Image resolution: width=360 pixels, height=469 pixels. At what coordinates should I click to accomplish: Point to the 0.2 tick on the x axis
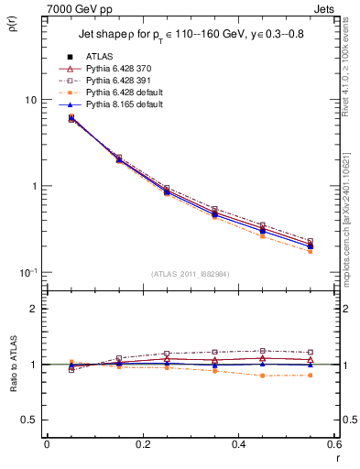click(143, 445)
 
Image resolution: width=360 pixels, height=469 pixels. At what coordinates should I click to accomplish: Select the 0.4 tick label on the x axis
click(238, 445)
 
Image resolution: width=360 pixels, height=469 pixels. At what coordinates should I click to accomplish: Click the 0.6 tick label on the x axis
click(333, 445)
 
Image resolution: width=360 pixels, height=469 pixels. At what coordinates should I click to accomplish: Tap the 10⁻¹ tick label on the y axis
click(27, 272)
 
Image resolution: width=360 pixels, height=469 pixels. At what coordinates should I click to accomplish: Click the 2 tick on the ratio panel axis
click(34, 310)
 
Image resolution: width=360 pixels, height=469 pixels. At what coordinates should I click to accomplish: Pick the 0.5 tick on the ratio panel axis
click(29, 420)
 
